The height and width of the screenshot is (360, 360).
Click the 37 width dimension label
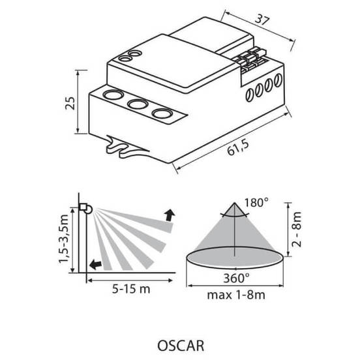click(262, 20)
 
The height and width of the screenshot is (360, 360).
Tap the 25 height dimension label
click(70, 103)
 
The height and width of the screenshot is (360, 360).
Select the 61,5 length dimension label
click(238, 148)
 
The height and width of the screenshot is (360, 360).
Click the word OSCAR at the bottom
click(181, 346)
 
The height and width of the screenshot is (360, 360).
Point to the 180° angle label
click(256, 203)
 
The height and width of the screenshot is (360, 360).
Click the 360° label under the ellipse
click(236, 278)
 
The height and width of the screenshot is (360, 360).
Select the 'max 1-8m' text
click(236, 295)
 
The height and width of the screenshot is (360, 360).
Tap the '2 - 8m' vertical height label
click(296, 230)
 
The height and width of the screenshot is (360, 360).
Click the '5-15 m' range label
click(131, 289)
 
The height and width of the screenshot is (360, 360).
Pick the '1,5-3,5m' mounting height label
click(64, 239)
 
